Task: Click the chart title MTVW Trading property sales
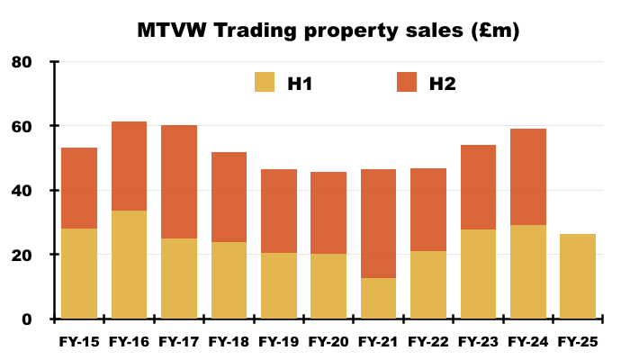pyautogui.click(x=328, y=30)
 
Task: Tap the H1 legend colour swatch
pyautogui.click(x=265, y=83)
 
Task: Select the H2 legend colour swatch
pyautogui.click(x=407, y=83)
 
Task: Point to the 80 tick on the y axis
pyautogui.click(x=21, y=62)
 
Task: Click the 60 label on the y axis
pyautogui.click(x=21, y=127)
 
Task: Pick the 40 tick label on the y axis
pyautogui.click(x=21, y=191)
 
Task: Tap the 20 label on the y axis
pyautogui.click(x=21, y=256)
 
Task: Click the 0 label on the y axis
pyautogui.click(x=26, y=319)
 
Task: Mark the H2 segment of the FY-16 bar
pyautogui.click(x=129, y=166)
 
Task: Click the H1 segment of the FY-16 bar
pyautogui.click(x=129, y=265)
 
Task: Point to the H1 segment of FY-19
pyautogui.click(x=279, y=286)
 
